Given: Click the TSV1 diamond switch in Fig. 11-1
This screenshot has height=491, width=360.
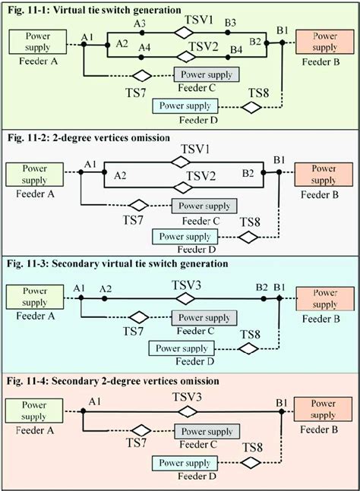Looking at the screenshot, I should click(x=184, y=33).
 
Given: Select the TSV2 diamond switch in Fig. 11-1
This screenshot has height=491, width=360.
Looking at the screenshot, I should click(x=184, y=57).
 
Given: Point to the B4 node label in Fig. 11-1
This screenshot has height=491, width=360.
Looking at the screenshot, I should click(x=236, y=50).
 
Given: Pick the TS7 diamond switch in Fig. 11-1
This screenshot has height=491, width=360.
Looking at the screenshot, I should click(x=141, y=75).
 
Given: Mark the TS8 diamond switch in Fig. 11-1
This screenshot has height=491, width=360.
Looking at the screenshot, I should click(x=251, y=107).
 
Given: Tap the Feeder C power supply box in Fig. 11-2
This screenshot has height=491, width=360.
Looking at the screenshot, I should click(x=204, y=206).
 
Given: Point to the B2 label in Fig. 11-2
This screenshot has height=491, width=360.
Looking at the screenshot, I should click(x=248, y=174).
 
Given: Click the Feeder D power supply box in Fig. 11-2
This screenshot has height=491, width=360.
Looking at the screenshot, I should click(x=183, y=237).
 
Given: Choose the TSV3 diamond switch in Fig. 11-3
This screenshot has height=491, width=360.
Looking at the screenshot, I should click(x=184, y=300).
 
